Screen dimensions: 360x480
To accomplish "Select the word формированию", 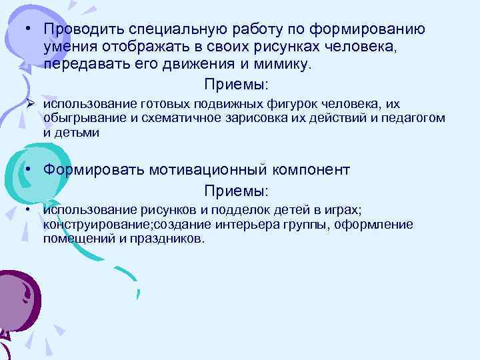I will pyautogui.click(x=376, y=30).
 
